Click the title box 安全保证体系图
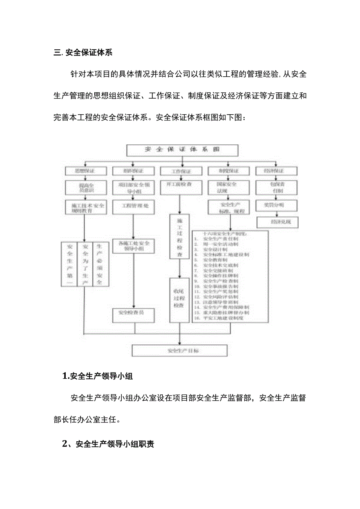(182, 150)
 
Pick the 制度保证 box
(228, 171)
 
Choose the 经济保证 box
(276, 171)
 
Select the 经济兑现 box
(277, 222)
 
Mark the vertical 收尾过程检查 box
(180, 300)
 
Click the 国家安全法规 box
(229, 187)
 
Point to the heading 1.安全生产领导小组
(98, 377)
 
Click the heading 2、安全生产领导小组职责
(108, 444)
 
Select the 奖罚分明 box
(276, 205)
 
